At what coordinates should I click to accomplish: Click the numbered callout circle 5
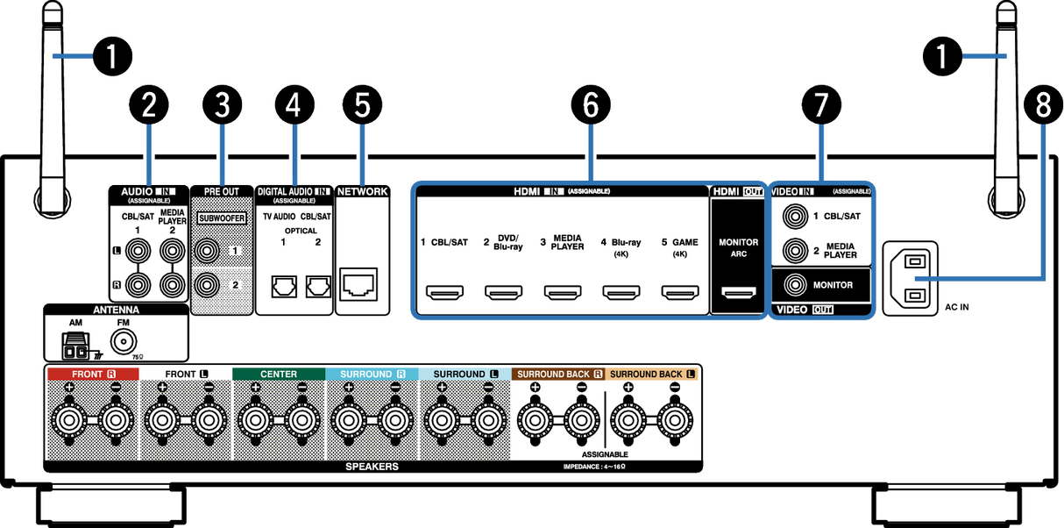tap(362, 105)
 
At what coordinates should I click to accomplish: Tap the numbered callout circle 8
tap(1043, 105)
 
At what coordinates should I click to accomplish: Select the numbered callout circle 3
tap(223, 105)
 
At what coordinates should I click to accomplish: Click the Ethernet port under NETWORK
tap(358, 284)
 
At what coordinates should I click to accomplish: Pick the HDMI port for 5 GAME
tap(680, 292)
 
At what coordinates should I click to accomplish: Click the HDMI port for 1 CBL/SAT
tap(444, 292)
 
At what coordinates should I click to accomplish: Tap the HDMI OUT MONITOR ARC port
tap(739, 292)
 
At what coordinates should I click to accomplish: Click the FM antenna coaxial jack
tap(124, 341)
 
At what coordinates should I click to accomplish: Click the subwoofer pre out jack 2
tap(207, 285)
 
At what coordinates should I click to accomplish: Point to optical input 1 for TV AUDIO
tap(284, 286)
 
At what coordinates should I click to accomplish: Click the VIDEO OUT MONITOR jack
tap(795, 285)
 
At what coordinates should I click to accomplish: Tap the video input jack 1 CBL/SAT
tap(795, 217)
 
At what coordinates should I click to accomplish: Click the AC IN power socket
tap(910, 279)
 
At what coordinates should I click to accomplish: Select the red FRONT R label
tap(94, 374)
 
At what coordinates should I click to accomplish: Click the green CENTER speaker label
tap(279, 374)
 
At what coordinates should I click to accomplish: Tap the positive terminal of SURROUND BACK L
tap(628, 420)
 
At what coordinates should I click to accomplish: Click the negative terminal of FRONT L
tap(208, 420)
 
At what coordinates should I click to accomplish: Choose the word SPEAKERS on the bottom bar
tap(372, 467)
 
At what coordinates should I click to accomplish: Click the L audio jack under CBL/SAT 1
tap(138, 251)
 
